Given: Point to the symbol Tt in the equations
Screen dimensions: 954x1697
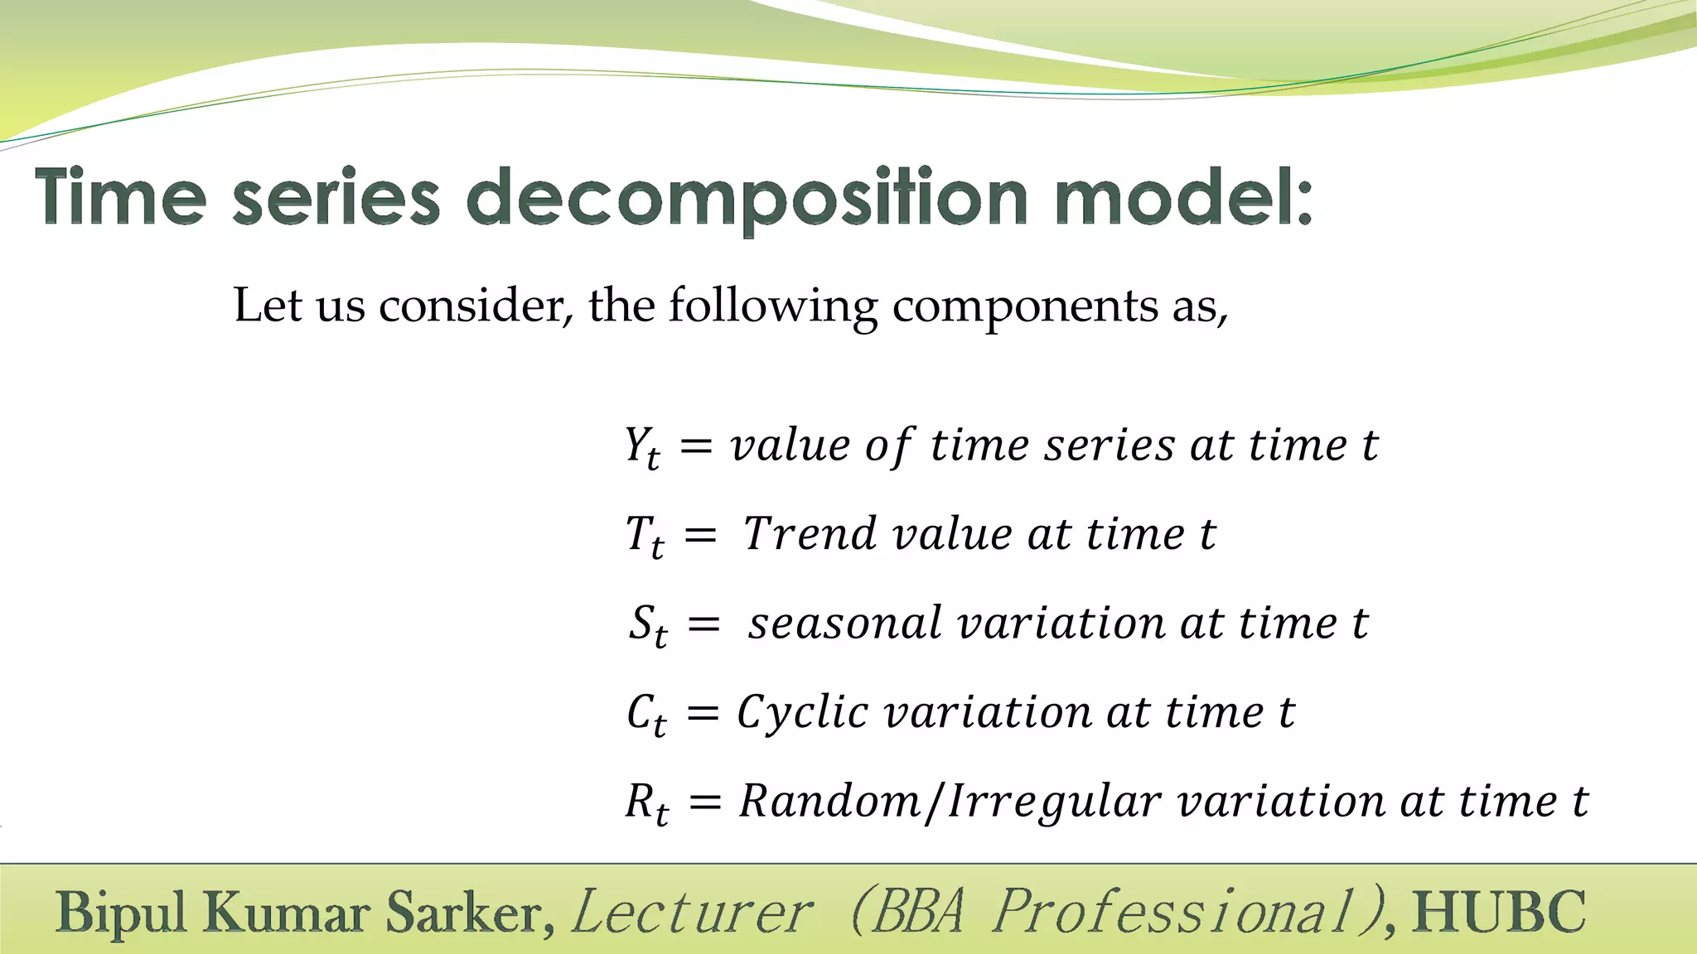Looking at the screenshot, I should [x=644, y=536].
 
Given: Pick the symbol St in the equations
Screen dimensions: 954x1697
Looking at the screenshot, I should [x=647, y=625].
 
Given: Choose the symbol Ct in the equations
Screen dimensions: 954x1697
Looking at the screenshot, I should [x=645, y=714].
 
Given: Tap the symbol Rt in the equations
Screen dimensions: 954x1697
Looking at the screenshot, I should [x=646, y=803].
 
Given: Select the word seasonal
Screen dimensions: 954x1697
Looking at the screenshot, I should [x=844, y=623].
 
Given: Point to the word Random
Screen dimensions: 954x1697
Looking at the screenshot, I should [x=829, y=801].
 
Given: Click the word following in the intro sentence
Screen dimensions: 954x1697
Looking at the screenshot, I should [x=772, y=306].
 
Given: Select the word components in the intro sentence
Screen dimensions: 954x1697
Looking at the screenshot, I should [x=1024, y=306].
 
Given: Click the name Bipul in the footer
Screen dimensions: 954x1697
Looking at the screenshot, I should [x=122, y=913].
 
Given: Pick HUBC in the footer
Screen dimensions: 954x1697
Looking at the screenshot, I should [x=1500, y=912].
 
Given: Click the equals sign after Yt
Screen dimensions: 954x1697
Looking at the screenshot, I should [x=696, y=447].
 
